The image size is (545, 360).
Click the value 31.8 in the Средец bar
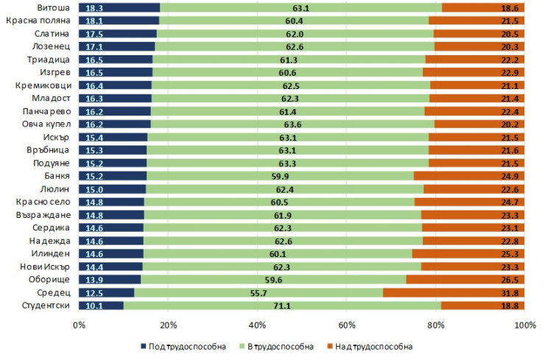click(x=509, y=293)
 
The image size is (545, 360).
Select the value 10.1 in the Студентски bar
click(x=94, y=306)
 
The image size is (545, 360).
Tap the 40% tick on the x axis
click(x=257, y=324)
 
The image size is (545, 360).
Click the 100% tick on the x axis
click(x=524, y=324)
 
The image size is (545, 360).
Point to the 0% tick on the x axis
click(x=78, y=324)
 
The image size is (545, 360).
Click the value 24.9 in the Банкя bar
click(x=509, y=176)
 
